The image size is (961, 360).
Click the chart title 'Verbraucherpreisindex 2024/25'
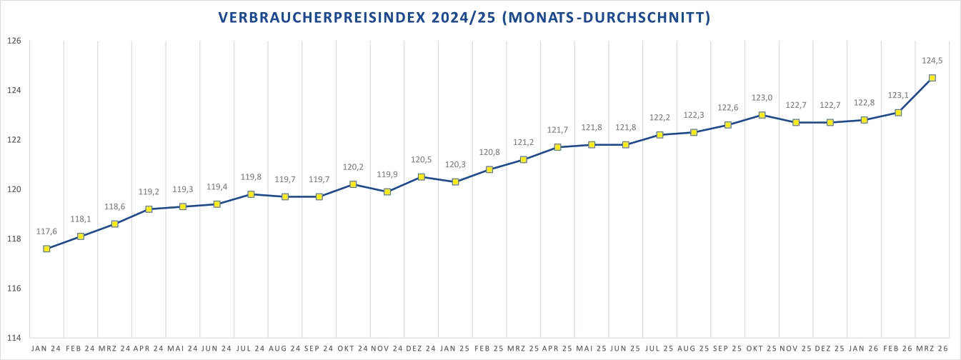pos(464,17)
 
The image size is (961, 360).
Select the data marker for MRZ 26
pos(932,78)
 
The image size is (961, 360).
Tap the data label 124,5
pos(932,61)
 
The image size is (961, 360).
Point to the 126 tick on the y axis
pos(15,41)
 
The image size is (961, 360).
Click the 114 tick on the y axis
pos(15,338)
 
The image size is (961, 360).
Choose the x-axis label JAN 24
pos(46,349)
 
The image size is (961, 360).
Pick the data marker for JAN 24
pos(46,249)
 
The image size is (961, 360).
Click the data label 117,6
pos(46,231)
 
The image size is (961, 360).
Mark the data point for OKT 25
pos(762,115)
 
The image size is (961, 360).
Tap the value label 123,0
pos(762,98)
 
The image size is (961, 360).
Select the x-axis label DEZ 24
pos(421,349)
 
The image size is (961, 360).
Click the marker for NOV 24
pos(387,191)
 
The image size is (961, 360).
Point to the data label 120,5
pos(422,160)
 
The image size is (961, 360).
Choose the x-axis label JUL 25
pos(659,349)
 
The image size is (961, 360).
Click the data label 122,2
pos(659,118)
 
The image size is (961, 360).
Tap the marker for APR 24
pos(149,209)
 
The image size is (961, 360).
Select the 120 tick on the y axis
pos(15,189)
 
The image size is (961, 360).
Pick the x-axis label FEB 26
pos(898,349)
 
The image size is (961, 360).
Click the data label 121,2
pos(524,142)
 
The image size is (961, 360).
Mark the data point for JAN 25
pos(455,181)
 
